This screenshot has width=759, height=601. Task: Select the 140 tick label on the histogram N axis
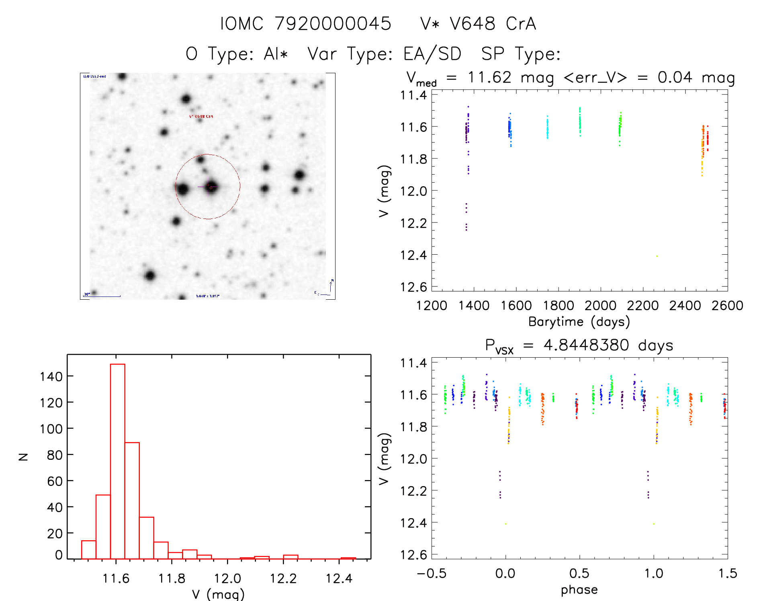pyautogui.click(x=51, y=377)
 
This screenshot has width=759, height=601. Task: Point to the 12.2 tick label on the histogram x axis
pyautogui.click(x=283, y=578)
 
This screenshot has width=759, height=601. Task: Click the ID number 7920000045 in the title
pyautogui.click(x=333, y=24)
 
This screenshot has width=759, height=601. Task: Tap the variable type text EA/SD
pyautogui.click(x=432, y=54)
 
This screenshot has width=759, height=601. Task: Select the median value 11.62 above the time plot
pyautogui.click(x=489, y=77)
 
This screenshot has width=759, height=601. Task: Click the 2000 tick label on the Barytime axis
pyautogui.click(x=600, y=306)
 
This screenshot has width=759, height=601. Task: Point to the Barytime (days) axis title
pyautogui.click(x=579, y=322)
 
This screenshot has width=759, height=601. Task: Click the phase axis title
pyautogui.click(x=579, y=590)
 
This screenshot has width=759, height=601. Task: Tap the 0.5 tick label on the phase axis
pyautogui.click(x=579, y=573)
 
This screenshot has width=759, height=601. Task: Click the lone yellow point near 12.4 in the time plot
pyautogui.click(x=657, y=256)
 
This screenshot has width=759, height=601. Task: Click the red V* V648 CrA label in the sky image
pyautogui.click(x=201, y=117)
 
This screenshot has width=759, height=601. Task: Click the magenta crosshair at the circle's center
pyautogui.click(x=211, y=187)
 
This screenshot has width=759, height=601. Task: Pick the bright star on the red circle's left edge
pyautogui.click(x=183, y=189)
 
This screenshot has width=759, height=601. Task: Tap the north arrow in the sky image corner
pyautogui.click(x=331, y=285)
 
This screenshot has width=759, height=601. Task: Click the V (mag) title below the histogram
pyautogui.click(x=218, y=594)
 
